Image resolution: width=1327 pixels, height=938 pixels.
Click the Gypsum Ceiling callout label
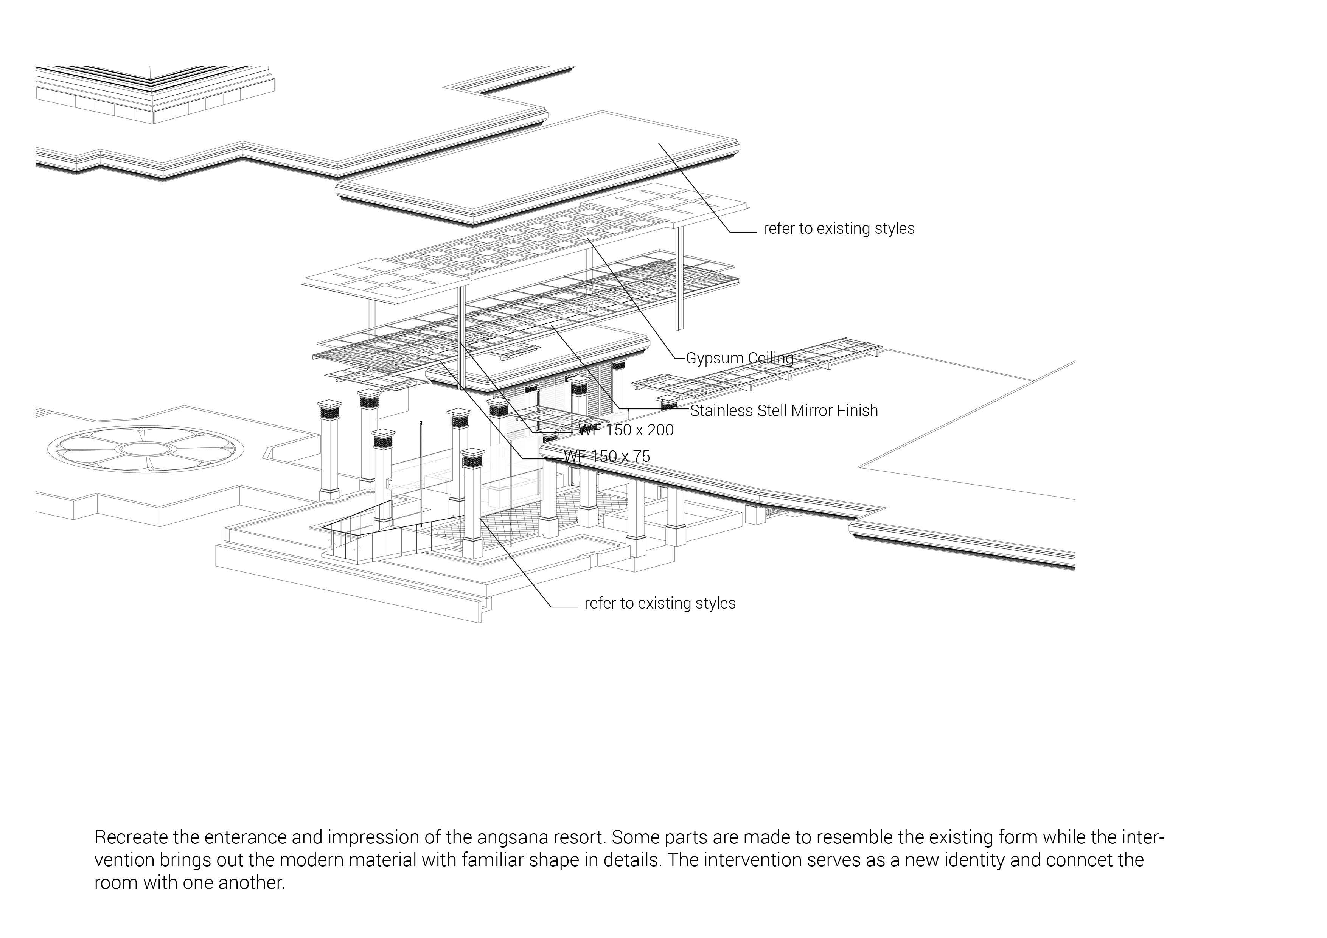pyautogui.click(x=739, y=358)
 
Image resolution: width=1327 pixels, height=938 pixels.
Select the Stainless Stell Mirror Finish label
pyautogui.click(x=784, y=411)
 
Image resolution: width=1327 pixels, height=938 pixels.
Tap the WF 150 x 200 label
pyautogui.click(x=626, y=430)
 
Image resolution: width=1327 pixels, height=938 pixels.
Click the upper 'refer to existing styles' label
pyautogui.click(x=839, y=229)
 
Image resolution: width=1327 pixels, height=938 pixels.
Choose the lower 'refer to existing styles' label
pyautogui.click(x=659, y=603)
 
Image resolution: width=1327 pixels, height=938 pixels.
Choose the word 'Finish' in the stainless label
pyautogui.click(x=858, y=411)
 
